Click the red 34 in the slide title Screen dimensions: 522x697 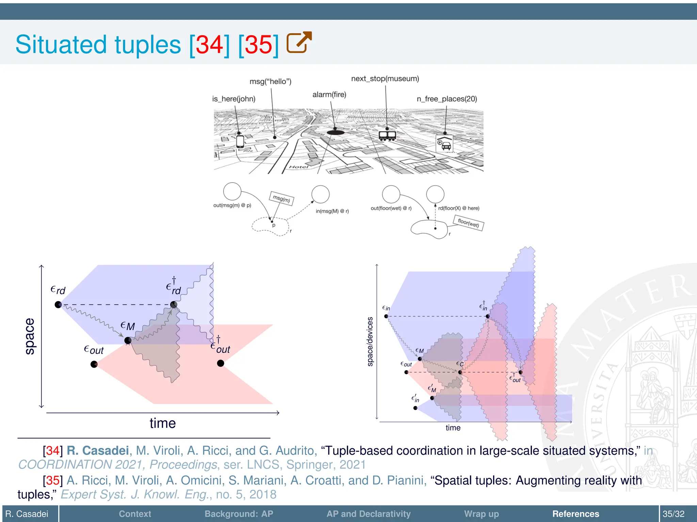210,45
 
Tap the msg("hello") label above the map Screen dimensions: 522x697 270,82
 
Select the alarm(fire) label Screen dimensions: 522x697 329,94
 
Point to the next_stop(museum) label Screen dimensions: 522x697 385,79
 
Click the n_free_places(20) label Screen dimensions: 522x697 447,99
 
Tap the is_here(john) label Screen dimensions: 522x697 233,99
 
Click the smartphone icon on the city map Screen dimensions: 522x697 240,141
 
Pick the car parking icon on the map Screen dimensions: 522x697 444,143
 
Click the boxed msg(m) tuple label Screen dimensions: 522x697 281,198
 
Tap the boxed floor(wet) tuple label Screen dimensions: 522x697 468,223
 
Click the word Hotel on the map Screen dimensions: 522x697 298,167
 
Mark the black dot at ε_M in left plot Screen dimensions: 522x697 128,340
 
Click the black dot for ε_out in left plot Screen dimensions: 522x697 94,364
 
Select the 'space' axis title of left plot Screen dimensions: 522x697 30,336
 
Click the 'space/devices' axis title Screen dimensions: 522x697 370,342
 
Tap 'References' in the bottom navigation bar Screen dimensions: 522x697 576,514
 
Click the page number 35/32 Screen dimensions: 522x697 673,514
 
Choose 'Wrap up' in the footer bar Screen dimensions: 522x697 481,514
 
